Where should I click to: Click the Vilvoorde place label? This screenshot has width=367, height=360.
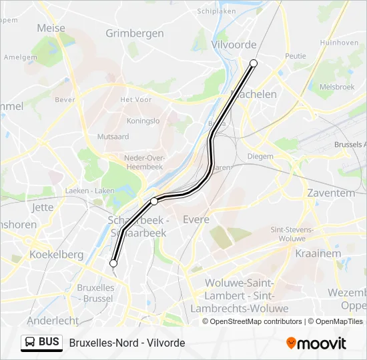tap(234, 45)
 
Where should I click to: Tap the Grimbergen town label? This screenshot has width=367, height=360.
tap(134, 33)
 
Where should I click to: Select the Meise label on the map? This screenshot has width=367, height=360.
tap(51, 28)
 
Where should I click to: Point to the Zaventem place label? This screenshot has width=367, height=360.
tap(331, 193)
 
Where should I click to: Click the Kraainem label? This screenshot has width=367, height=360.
tap(318, 253)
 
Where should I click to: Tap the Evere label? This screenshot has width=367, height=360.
tap(196, 219)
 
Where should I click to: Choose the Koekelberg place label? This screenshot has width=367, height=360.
tap(57, 254)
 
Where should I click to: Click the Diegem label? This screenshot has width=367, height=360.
tap(260, 156)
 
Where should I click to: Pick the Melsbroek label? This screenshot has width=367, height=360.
tap(338, 87)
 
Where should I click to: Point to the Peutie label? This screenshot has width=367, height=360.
tap(295, 57)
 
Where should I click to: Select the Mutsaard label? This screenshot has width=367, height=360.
tap(113, 136)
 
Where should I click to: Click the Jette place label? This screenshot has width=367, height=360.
tap(43, 207)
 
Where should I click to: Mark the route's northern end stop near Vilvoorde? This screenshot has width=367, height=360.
tap(254, 63)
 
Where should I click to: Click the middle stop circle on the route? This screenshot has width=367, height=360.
tap(154, 201)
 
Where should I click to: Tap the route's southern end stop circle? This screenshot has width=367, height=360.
tap(113, 263)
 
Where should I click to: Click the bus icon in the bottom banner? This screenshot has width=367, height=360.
tap(30, 343)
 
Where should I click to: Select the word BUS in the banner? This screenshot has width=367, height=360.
tap(49, 343)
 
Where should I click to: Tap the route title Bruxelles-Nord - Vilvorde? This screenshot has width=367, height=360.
tap(127, 343)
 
